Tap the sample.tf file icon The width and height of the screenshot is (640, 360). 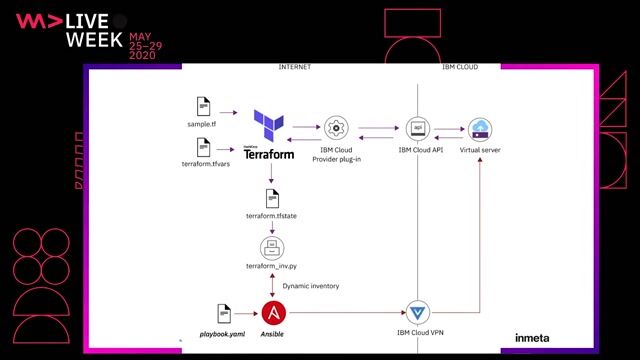(x=203, y=105)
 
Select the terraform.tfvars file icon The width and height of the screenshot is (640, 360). (x=203, y=148)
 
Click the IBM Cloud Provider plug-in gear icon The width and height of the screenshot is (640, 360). (x=335, y=127)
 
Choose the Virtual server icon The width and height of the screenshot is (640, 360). (x=481, y=128)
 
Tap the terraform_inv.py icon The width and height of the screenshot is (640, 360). (x=269, y=248)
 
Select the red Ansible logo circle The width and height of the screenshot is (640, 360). (x=269, y=312)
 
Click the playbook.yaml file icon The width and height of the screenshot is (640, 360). (x=224, y=312)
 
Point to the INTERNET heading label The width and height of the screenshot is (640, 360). (x=294, y=67)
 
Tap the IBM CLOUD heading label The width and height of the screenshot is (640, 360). (x=460, y=67)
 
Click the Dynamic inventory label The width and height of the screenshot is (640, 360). (x=310, y=286)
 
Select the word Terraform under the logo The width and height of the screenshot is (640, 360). (x=269, y=155)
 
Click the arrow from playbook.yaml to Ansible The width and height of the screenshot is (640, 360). (x=250, y=312)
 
